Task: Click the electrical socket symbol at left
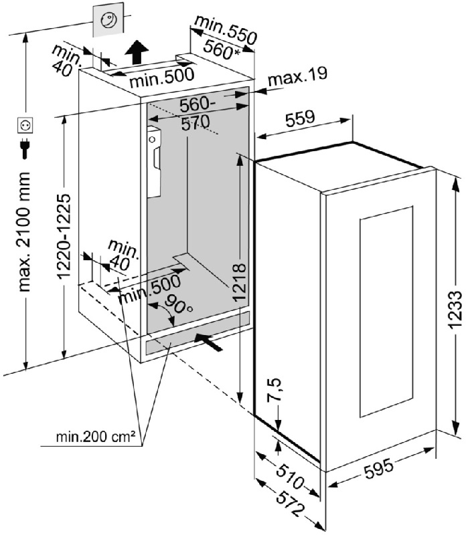pyautogui.click(x=25, y=124)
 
